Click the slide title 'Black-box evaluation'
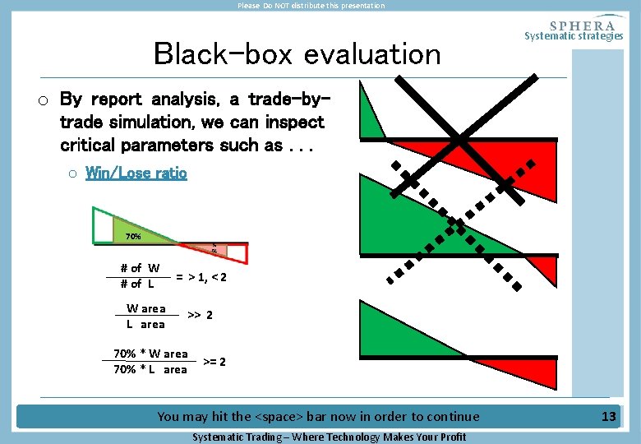pos(297,54)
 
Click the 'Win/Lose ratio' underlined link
pos(136,173)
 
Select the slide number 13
pos(608,416)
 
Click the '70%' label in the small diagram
pos(132,237)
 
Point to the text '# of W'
pos(140,268)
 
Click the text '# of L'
pos(137,284)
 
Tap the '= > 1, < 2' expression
pos(201,277)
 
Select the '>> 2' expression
pos(201,315)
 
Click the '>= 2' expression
pos(214,362)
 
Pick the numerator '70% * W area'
pos(150,354)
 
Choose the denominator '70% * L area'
pos(150,369)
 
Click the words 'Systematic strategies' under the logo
pos(574,36)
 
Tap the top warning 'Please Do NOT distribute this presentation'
pos(311,6)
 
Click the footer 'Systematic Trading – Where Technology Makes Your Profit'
pos(329,437)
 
